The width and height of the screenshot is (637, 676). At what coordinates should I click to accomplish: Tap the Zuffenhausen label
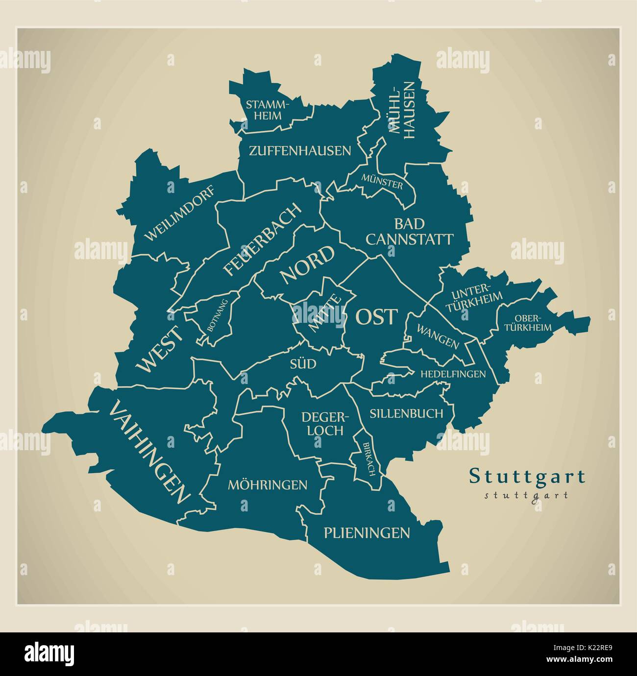(x=300, y=151)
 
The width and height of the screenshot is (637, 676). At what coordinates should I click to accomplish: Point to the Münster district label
(x=382, y=181)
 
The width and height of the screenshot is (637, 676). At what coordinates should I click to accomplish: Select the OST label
(x=376, y=317)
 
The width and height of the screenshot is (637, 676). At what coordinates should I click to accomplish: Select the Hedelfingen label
(x=453, y=374)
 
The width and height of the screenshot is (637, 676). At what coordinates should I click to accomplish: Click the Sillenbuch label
(x=406, y=413)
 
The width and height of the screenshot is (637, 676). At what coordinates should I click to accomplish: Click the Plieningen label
(x=367, y=532)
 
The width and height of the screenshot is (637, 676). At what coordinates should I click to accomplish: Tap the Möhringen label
(x=268, y=485)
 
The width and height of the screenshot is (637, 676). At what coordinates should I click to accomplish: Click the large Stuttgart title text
(x=527, y=476)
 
